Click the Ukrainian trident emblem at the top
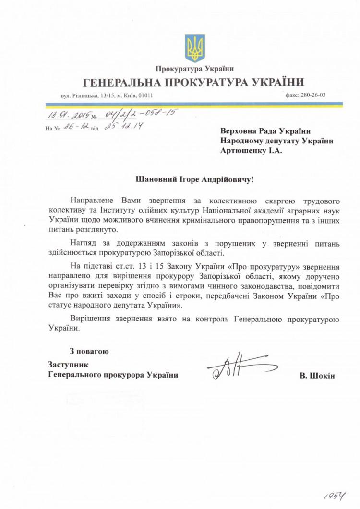coord(195,47)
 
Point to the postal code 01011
coord(145,95)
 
